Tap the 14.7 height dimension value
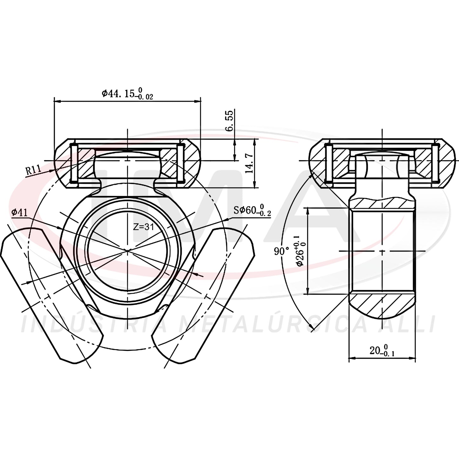pos(249,163)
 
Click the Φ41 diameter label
pos(19,213)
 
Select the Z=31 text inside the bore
pos(144,227)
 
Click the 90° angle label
pos(281,251)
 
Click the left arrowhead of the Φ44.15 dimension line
pos(57,101)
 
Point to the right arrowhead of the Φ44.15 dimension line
pos(198,101)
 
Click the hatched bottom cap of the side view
pos(382,307)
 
